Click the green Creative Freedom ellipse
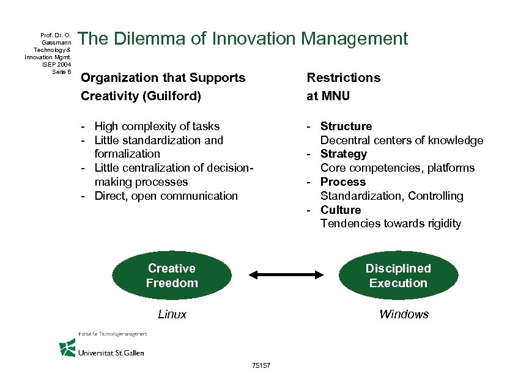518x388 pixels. click(172, 276)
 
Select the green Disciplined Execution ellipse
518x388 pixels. click(398, 276)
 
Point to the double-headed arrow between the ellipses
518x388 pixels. click(285, 276)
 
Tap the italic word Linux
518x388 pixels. click(172, 315)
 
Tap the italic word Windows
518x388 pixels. click(404, 315)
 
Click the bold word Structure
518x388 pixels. click(346, 126)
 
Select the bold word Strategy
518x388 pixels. click(344, 154)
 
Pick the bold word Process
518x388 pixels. click(343, 182)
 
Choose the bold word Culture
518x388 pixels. click(341, 210)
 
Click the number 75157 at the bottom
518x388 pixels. click(261, 365)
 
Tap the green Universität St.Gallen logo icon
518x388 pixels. click(67, 348)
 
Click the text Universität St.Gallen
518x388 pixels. click(111, 353)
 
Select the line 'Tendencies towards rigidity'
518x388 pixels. click(391, 224)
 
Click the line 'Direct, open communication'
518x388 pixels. click(166, 196)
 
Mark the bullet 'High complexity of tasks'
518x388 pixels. click(157, 126)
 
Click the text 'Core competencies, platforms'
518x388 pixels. click(398, 168)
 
